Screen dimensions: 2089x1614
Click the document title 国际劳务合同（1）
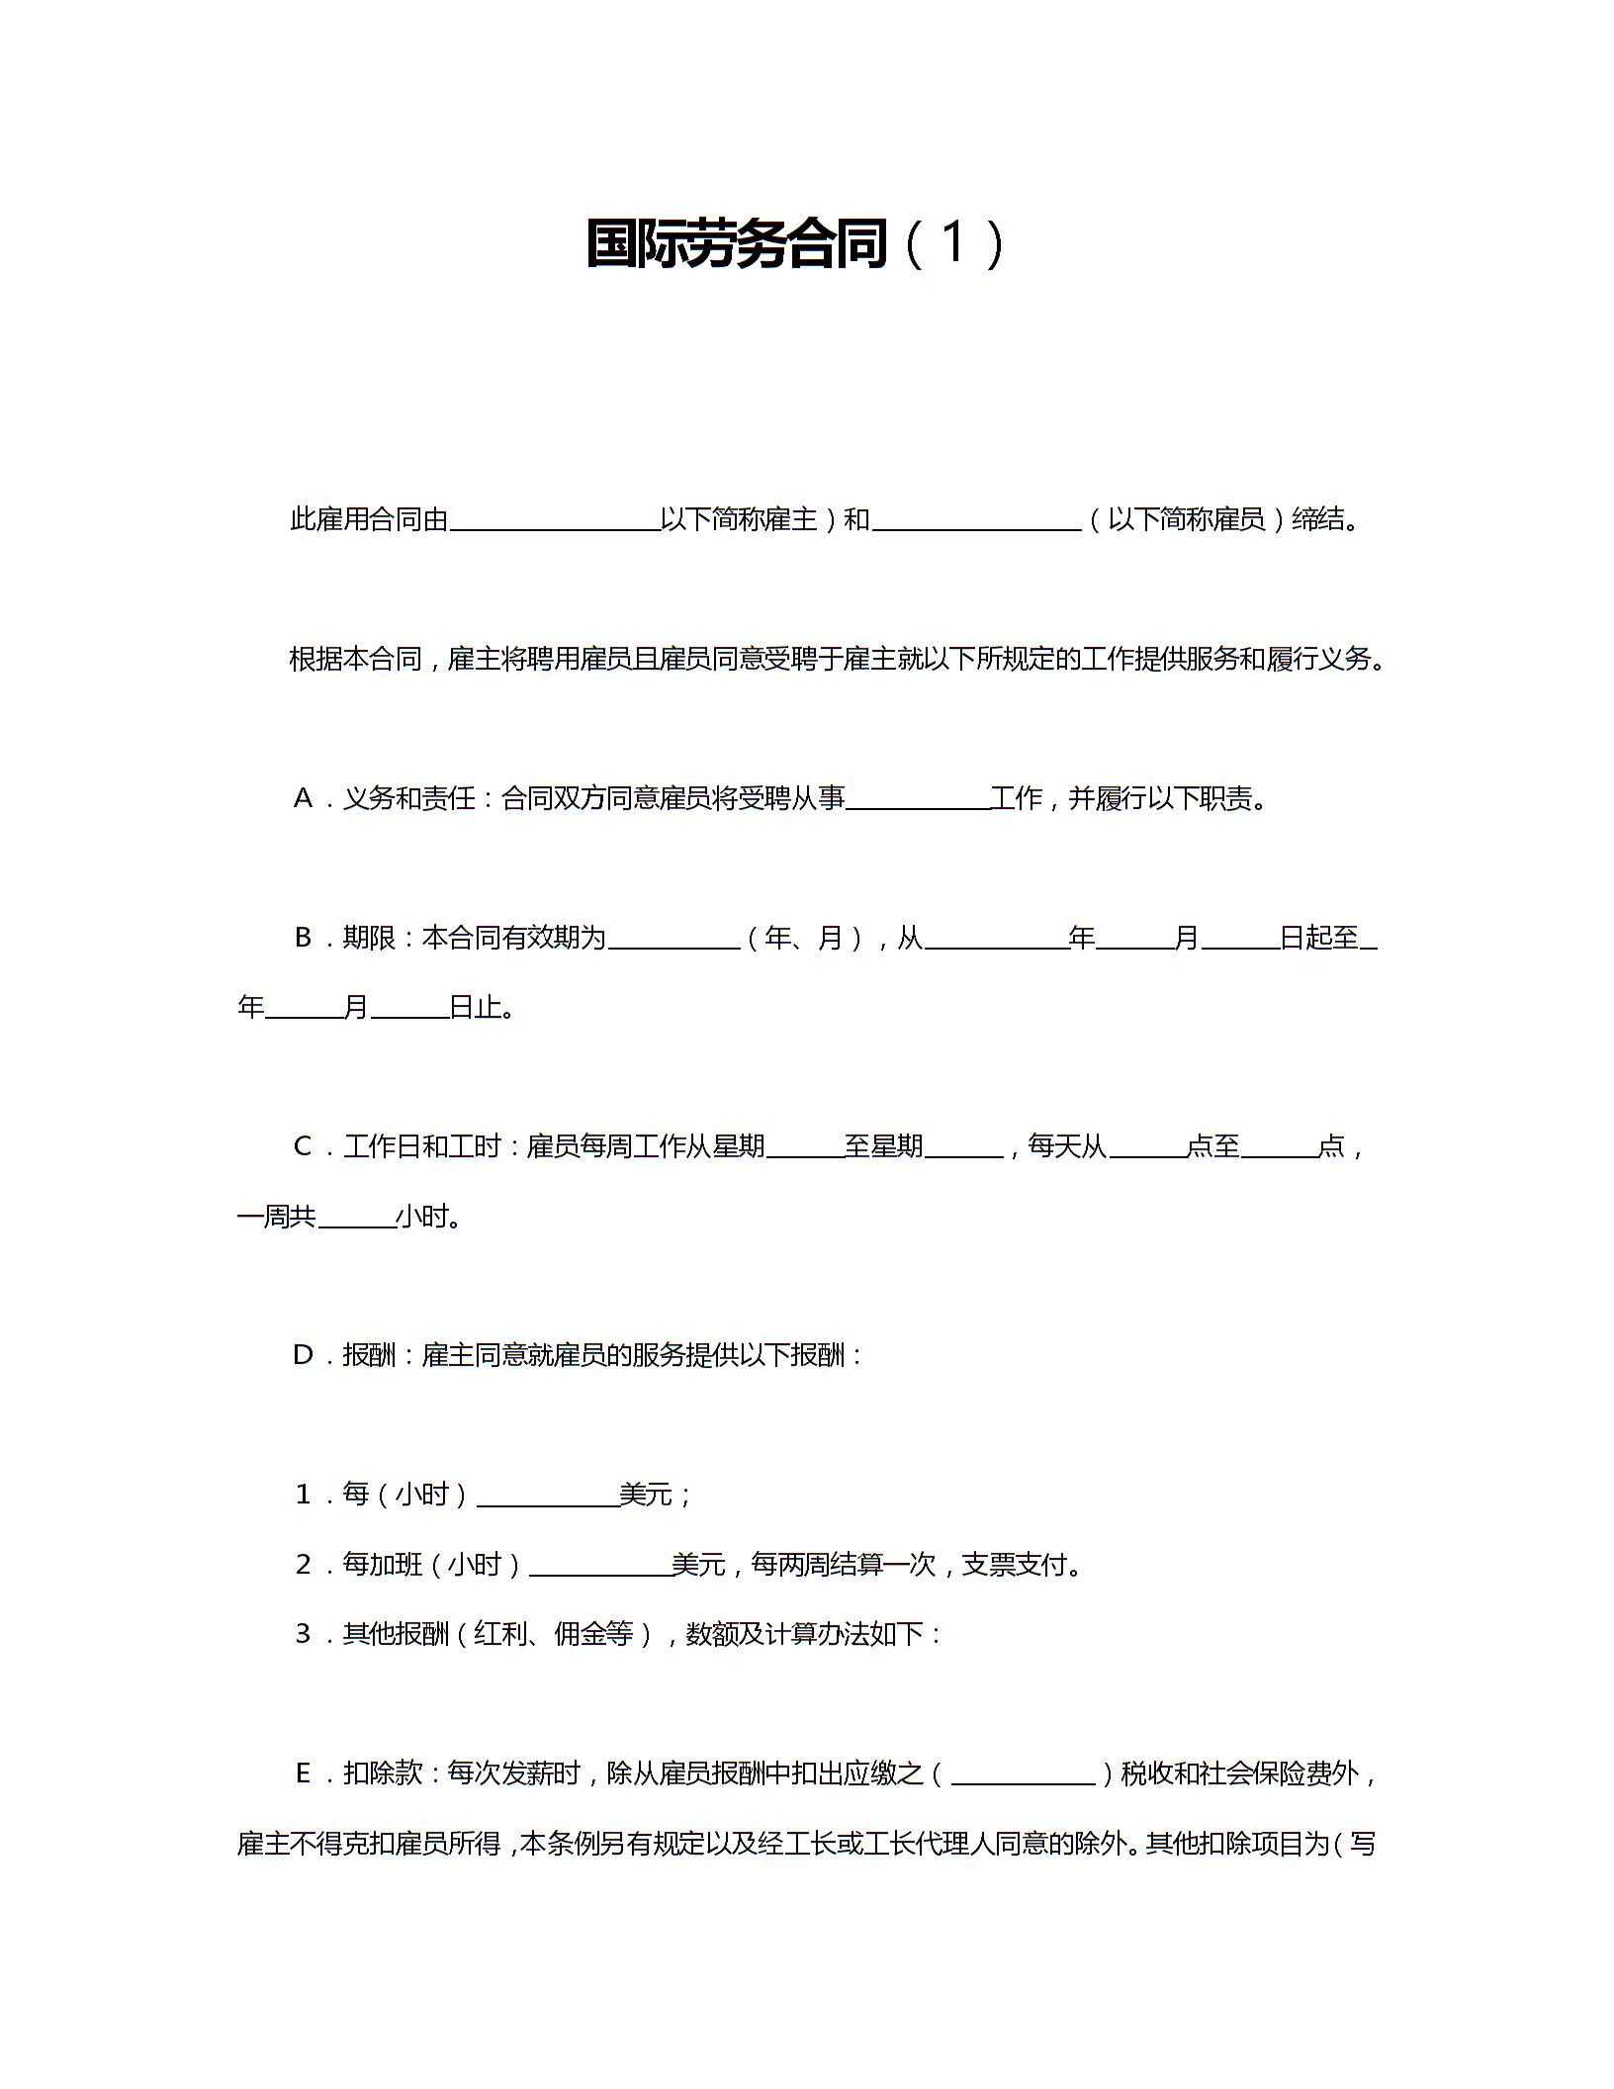coord(795,243)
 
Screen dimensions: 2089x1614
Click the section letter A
coord(303,798)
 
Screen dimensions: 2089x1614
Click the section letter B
coord(303,938)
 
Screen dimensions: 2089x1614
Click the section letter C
coord(303,1146)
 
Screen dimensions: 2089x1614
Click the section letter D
coord(303,1355)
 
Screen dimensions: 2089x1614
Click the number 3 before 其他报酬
coord(303,1634)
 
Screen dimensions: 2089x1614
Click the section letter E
coord(303,1773)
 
